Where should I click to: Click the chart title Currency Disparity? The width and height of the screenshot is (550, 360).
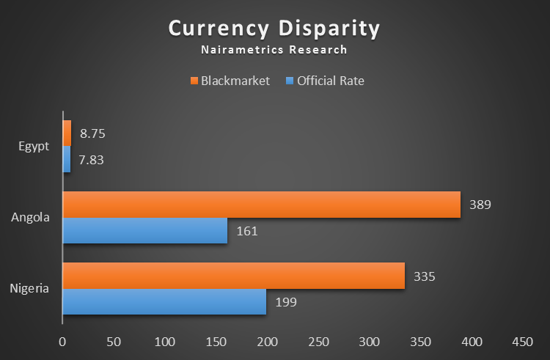274,29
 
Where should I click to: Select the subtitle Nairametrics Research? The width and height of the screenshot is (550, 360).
274,51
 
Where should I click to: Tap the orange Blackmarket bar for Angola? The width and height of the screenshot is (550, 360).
261,205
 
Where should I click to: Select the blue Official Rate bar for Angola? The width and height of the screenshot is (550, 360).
145,231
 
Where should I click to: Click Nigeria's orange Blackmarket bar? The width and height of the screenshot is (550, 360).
233,276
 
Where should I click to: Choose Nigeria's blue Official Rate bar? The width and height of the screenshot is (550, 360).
164,301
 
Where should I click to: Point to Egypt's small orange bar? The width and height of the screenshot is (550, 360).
67,133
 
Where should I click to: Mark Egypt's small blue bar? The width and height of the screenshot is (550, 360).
67,159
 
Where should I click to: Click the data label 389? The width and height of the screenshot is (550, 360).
480,205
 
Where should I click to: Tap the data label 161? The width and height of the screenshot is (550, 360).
247,231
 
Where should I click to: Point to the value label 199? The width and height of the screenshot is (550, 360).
286,301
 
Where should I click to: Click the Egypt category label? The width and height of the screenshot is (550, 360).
34,146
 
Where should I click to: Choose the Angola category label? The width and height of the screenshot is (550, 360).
30,217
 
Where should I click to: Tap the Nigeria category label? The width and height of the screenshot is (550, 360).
29,288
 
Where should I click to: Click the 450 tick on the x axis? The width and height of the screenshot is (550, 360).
523,342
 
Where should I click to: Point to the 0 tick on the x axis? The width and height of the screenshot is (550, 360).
62,342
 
